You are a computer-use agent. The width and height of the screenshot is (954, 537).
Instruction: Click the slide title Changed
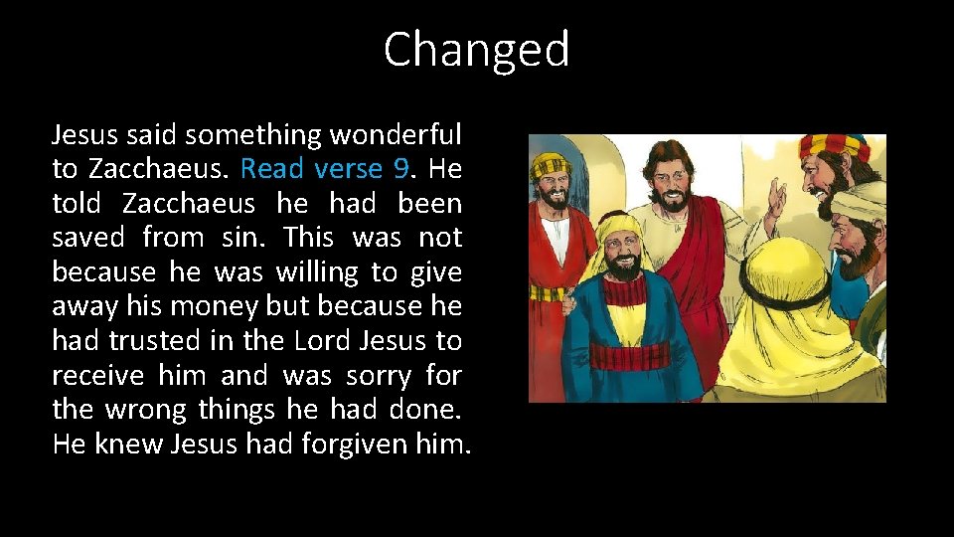(x=476, y=50)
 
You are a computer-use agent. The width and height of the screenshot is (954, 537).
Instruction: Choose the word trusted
(x=158, y=341)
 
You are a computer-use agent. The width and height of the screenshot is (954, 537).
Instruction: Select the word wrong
(x=147, y=410)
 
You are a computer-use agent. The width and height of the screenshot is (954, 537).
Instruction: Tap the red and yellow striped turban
(x=835, y=147)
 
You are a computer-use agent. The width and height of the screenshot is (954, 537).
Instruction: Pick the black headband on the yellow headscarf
(x=787, y=293)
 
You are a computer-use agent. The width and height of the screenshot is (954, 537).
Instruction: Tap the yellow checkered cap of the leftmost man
(x=550, y=164)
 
